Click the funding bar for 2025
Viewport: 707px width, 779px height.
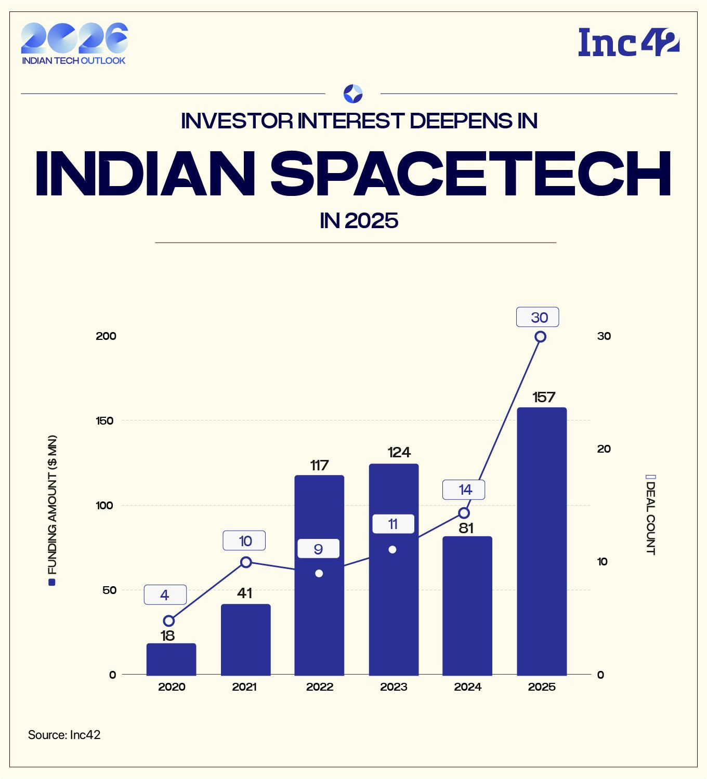tap(542, 540)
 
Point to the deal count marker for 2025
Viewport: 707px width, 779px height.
tap(540, 337)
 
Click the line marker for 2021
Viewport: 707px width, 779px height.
tap(246, 562)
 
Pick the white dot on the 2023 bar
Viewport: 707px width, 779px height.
tap(392, 549)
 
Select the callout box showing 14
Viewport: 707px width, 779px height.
tap(464, 490)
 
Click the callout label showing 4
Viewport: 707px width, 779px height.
tap(165, 595)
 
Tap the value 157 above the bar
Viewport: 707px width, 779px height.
tap(544, 398)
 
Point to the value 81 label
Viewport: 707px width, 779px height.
tap(466, 528)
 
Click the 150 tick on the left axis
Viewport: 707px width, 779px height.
tap(105, 420)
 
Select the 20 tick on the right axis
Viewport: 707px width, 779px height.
tap(604, 449)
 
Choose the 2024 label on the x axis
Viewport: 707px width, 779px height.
tap(467, 687)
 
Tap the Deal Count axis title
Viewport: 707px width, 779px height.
tap(650, 515)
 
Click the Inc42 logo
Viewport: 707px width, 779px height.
tap(629, 43)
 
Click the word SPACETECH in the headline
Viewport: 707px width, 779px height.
tap(470, 174)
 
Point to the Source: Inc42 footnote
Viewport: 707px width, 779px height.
tap(64, 735)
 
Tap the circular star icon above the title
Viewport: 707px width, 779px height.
tap(353, 94)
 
